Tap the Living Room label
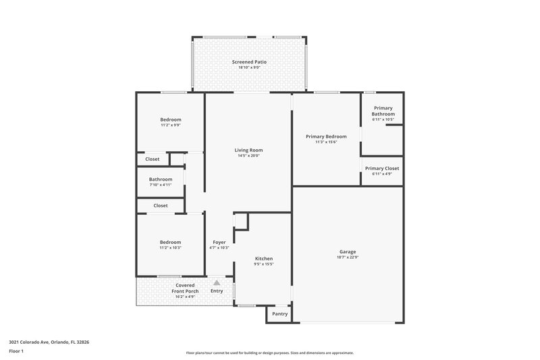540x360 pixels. [248, 150]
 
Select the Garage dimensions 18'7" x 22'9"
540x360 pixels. [347, 257]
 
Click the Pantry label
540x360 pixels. [279, 314]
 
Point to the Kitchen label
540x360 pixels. [263, 259]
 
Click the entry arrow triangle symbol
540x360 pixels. [216, 284]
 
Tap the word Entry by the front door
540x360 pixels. [216, 291]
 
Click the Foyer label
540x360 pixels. [219, 242]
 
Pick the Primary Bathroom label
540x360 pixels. [383, 111]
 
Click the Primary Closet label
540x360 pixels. [382, 168]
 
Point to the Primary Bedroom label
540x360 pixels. [326, 136]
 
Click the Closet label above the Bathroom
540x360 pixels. [153, 159]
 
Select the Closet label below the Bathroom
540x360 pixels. [161, 205]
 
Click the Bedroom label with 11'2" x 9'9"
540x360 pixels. [170, 120]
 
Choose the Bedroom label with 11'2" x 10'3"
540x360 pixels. [170, 242]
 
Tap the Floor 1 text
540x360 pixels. [16, 351]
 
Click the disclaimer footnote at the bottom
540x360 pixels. [269, 353]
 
